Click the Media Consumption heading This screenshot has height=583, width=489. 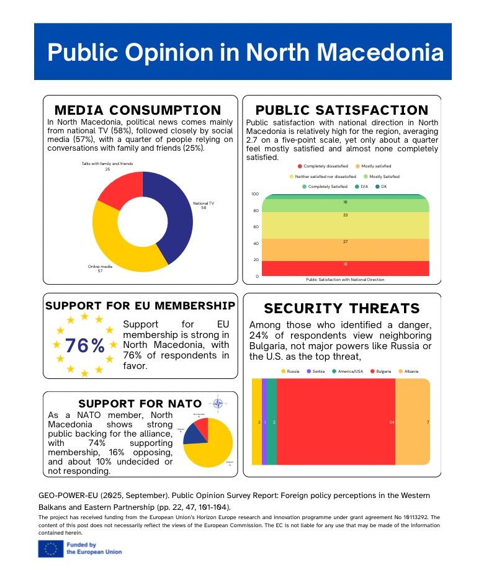point(138,110)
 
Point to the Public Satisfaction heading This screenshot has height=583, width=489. point(342,110)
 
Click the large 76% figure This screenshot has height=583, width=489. point(84,345)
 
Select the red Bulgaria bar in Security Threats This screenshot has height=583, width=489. point(335,422)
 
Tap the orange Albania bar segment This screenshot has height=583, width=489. point(413,422)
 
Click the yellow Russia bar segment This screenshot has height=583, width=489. point(256,422)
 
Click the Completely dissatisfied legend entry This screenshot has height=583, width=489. point(322,166)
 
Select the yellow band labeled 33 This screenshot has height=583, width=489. point(345,225)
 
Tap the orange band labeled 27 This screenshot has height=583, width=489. point(345,249)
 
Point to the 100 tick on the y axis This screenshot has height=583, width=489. point(254,194)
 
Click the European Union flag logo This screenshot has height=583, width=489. point(50,548)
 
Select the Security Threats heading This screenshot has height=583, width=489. point(342,308)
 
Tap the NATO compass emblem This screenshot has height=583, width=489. point(218,404)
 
